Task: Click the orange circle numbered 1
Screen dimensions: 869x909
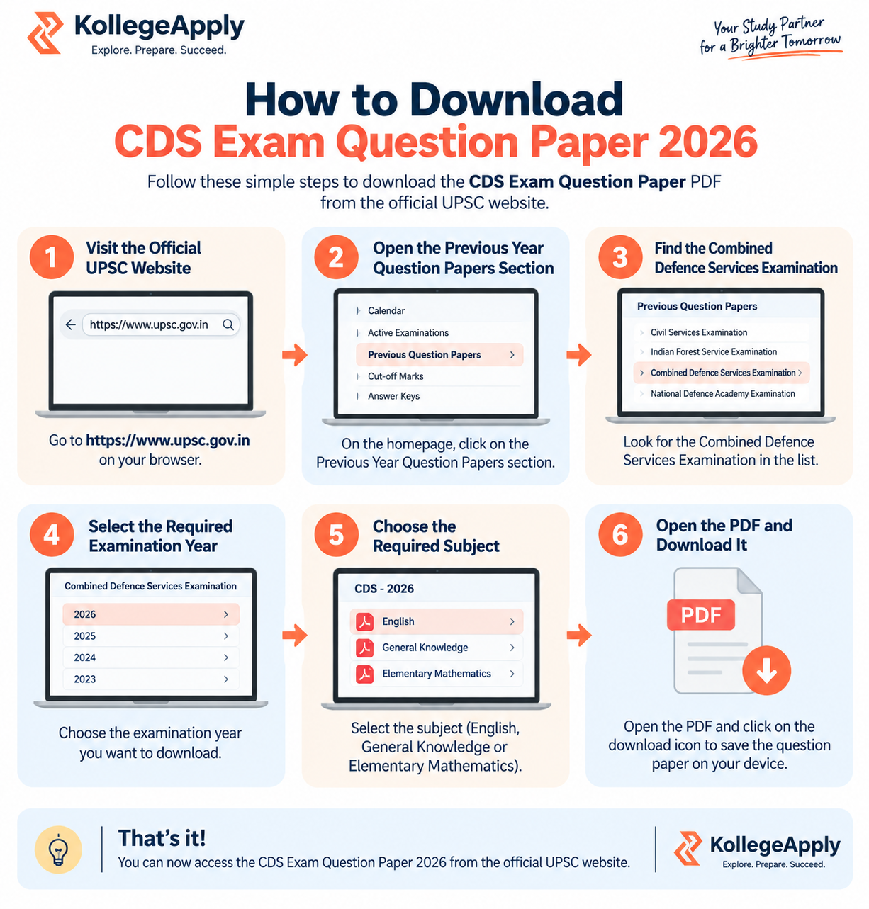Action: (52, 256)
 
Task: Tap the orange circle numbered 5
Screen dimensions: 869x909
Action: (336, 534)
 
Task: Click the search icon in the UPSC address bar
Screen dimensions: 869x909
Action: (228, 324)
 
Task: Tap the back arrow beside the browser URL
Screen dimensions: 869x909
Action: (71, 324)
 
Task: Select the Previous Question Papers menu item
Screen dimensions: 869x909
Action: (439, 354)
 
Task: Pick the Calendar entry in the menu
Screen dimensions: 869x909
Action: (386, 310)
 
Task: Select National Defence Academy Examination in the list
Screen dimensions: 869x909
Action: (722, 393)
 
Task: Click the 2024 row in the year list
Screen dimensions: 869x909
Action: (151, 657)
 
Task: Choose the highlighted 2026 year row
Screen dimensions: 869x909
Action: (151, 614)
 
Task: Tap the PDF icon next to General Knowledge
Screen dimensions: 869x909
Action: (364, 647)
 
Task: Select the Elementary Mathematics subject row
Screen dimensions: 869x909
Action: (436, 673)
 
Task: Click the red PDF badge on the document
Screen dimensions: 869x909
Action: (700, 614)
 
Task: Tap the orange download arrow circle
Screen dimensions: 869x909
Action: (766, 670)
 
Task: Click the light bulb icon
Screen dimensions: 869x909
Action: (58, 849)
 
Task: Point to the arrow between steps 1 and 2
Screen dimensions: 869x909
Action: (295, 354)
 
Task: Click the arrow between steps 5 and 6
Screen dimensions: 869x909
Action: (579, 635)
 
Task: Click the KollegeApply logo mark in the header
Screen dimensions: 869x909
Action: (45, 33)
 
